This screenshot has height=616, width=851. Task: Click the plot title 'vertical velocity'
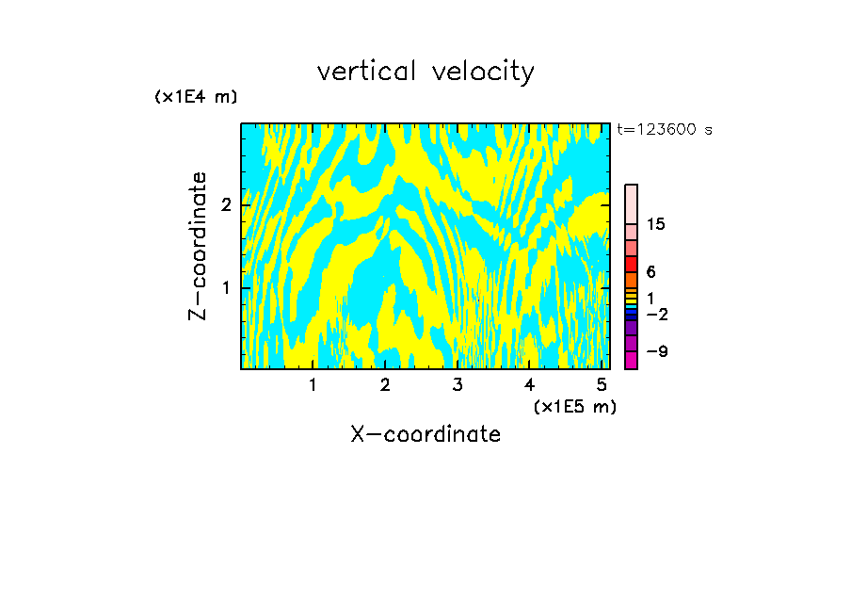(x=425, y=72)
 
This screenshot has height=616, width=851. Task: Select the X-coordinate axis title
(x=425, y=434)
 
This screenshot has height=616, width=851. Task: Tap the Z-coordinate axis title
(x=198, y=246)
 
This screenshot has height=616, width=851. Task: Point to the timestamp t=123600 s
(x=664, y=129)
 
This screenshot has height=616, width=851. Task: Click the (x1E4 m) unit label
(x=196, y=97)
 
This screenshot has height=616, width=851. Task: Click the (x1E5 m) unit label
(x=574, y=406)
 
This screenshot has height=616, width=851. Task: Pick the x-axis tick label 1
(x=313, y=384)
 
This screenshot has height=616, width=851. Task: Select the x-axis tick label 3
(x=458, y=384)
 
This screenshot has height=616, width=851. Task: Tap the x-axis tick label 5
(x=602, y=384)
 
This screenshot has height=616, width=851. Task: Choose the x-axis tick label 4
(x=530, y=384)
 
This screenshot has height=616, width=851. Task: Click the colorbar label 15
(x=656, y=224)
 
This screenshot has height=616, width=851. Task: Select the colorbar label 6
(x=650, y=271)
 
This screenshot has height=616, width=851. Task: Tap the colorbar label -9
(x=656, y=351)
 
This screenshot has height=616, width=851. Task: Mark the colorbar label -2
(x=656, y=314)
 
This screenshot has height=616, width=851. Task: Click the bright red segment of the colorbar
(x=632, y=264)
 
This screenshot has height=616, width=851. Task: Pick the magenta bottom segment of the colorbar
(x=632, y=360)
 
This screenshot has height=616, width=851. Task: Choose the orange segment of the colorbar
(x=632, y=280)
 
